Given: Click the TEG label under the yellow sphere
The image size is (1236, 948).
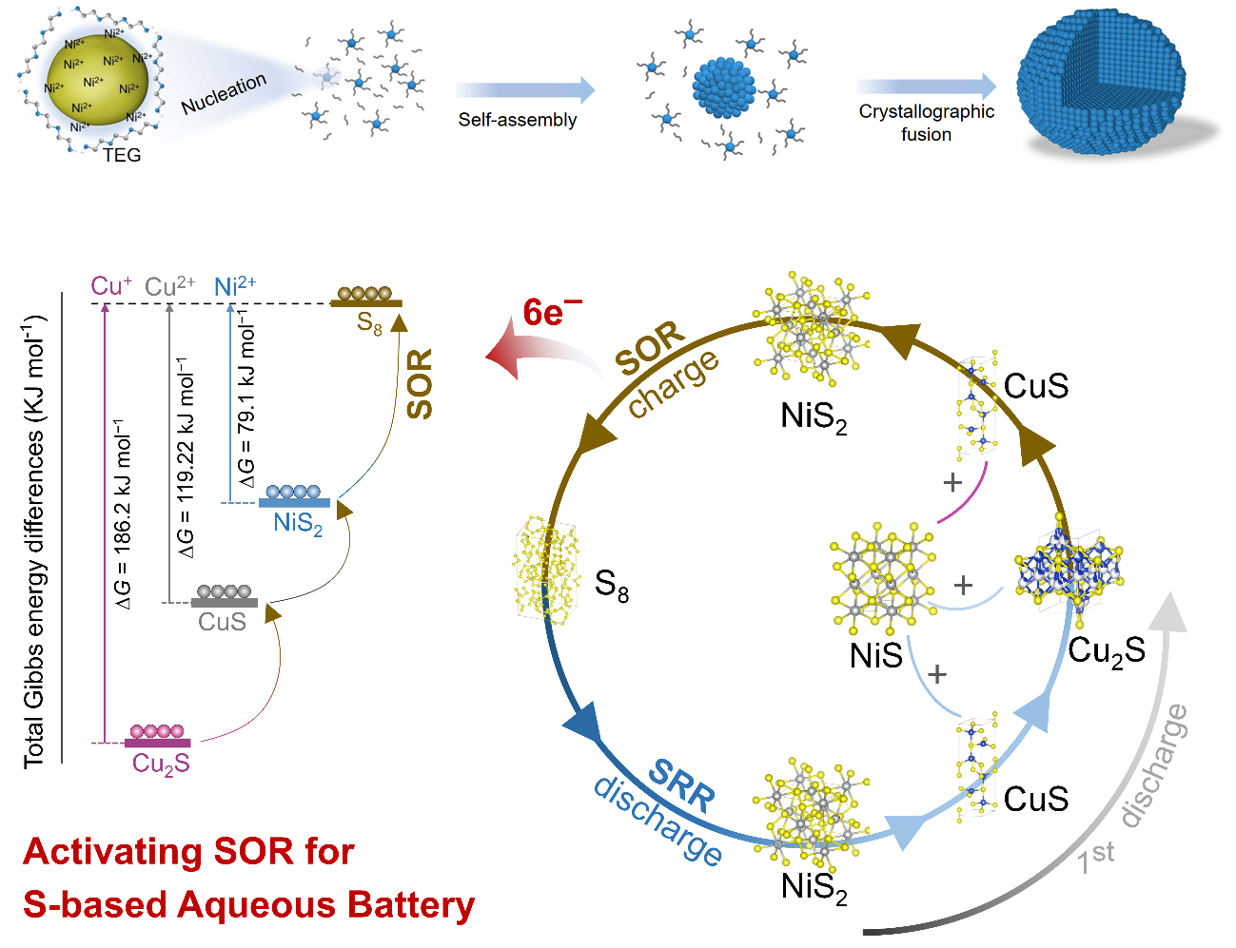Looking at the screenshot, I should pyautogui.click(x=122, y=155).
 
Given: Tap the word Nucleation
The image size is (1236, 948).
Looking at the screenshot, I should pyautogui.click(x=224, y=94).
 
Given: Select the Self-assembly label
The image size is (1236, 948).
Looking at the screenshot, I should pyautogui.click(x=518, y=120).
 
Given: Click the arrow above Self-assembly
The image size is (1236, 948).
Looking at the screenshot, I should pyautogui.click(x=524, y=90).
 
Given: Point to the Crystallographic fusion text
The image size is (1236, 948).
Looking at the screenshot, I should pyautogui.click(x=926, y=123).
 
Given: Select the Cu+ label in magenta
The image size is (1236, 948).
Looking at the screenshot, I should pyautogui.click(x=111, y=285).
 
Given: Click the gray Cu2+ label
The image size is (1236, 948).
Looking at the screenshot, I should pyautogui.click(x=169, y=286).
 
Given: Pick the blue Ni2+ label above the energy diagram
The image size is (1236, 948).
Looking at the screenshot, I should pyautogui.click(x=234, y=286).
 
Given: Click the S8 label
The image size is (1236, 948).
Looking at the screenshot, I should pyautogui.click(x=369, y=324).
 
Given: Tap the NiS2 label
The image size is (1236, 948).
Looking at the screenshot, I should pyautogui.click(x=298, y=524).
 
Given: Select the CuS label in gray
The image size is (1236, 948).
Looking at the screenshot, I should pyautogui.click(x=222, y=622).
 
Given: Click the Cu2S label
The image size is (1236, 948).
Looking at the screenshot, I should pyautogui.click(x=161, y=764).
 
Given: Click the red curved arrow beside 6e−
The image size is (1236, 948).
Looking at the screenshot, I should pyautogui.click(x=542, y=357).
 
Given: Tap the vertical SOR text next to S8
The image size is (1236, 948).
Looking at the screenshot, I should pyautogui.click(x=420, y=383).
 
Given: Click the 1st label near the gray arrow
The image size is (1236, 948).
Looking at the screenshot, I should pyautogui.click(x=1095, y=857).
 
